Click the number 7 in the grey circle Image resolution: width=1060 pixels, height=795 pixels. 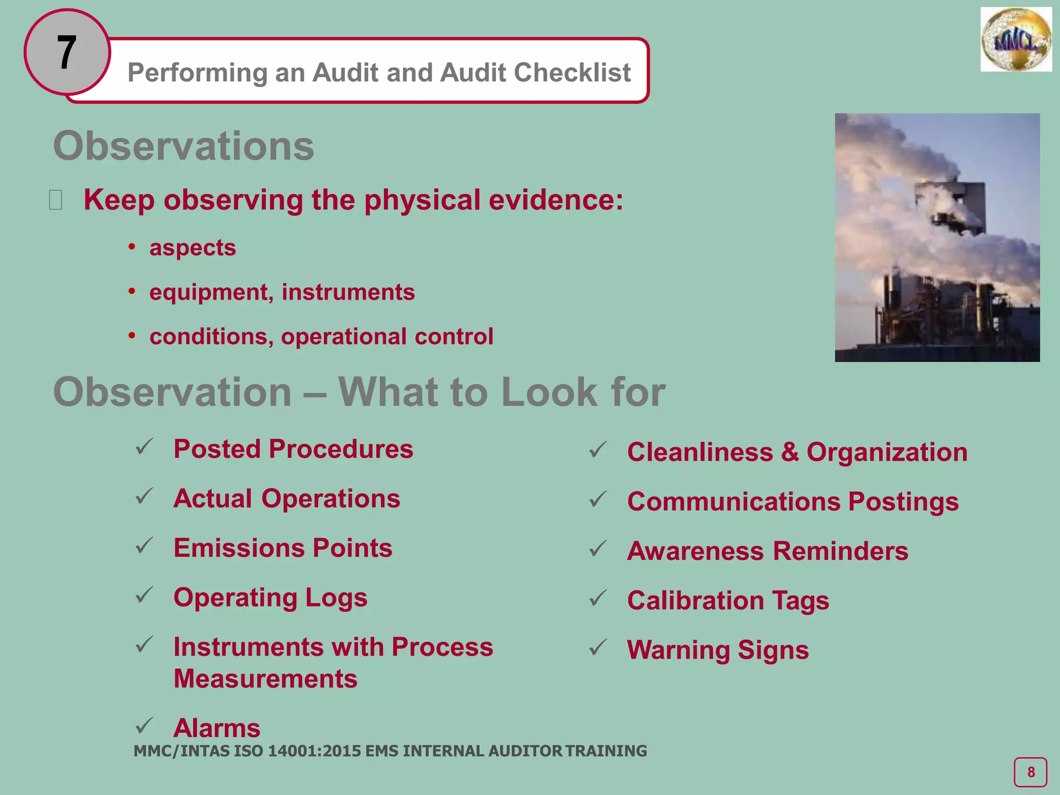click(x=67, y=52)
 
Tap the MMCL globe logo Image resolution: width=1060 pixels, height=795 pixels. click(x=1015, y=39)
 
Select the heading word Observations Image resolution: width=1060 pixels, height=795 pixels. click(x=184, y=146)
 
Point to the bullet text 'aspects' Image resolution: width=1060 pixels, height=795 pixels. click(x=193, y=248)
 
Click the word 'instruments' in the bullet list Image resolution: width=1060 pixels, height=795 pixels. click(x=348, y=292)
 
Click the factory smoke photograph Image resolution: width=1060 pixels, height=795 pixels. click(x=937, y=237)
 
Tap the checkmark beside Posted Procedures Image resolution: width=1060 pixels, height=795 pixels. click(x=144, y=447)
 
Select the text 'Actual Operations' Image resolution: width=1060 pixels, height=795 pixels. click(x=287, y=499)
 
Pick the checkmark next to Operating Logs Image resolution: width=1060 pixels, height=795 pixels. click(x=144, y=595)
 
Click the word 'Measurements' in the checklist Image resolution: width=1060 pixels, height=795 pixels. click(x=266, y=679)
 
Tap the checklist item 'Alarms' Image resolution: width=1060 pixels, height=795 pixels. click(x=217, y=728)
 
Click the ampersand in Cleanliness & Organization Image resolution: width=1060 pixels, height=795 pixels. click(x=790, y=452)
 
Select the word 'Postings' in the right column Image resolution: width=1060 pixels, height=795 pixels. click(x=903, y=502)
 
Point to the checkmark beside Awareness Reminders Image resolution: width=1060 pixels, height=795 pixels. click(x=598, y=549)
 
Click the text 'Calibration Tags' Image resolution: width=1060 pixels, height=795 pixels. click(x=728, y=601)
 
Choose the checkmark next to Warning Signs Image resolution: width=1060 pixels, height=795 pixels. click(x=598, y=647)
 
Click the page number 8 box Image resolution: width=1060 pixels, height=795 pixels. click(x=1030, y=772)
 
